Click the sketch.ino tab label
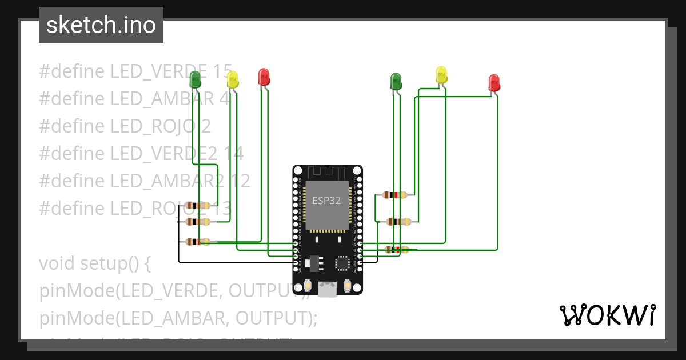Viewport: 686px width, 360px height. [x=101, y=25]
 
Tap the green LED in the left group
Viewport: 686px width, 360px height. [x=196, y=78]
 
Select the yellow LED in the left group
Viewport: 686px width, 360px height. [x=232, y=79]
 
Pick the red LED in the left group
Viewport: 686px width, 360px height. [x=264, y=77]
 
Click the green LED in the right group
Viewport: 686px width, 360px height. [x=396, y=81]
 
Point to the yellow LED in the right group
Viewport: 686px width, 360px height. [x=441, y=74]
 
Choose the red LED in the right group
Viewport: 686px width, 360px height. [x=494, y=82]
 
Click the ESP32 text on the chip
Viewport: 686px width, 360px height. [x=327, y=201]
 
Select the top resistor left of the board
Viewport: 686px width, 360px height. [x=198, y=206]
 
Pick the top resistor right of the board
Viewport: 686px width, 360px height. [x=395, y=195]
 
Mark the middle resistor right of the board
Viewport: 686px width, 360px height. [x=398, y=222]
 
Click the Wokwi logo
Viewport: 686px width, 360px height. [x=607, y=315]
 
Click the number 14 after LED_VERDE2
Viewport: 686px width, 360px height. [x=233, y=153]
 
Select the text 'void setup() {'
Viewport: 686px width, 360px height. [x=94, y=263]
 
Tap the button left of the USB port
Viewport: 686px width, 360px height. [x=308, y=285]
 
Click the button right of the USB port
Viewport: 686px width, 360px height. [x=347, y=285]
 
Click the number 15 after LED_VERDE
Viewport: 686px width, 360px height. [x=222, y=71]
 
